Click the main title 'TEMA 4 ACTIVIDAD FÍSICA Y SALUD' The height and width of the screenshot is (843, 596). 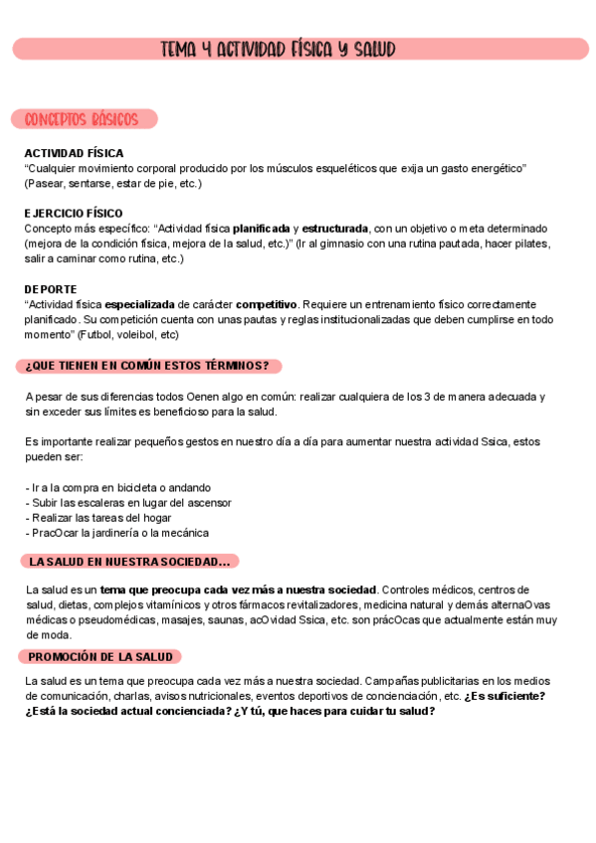point(278,49)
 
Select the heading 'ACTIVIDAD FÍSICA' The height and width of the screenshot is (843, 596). point(74,153)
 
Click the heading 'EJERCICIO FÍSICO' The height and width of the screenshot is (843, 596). point(74,213)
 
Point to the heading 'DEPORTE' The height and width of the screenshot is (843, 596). point(51,288)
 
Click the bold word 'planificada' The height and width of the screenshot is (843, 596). point(262,228)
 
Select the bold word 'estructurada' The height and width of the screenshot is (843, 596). point(335,228)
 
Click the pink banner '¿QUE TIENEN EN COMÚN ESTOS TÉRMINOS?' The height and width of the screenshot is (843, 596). point(147,366)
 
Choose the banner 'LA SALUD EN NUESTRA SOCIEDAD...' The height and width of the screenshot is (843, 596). point(129,562)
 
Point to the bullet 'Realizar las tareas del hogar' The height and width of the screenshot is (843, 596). point(102,518)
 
